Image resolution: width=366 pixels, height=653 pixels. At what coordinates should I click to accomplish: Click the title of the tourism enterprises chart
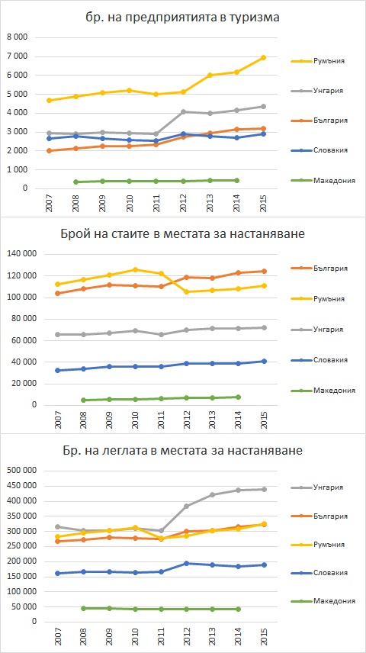click(x=183, y=17)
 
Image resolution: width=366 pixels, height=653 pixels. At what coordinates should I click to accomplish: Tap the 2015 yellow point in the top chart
click(x=263, y=57)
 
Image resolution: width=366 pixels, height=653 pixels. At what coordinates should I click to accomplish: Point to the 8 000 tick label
click(x=17, y=37)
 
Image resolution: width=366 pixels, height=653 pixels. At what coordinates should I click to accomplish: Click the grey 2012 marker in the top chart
click(x=183, y=111)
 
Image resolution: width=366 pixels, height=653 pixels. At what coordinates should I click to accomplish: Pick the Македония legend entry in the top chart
click(x=323, y=180)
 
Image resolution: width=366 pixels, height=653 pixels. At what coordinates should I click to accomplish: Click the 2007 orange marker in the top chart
click(x=49, y=151)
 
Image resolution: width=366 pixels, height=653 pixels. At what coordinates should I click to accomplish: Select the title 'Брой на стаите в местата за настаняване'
click(x=183, y=234)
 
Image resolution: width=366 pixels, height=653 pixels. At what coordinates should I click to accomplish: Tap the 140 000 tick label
click(x=20, y=254)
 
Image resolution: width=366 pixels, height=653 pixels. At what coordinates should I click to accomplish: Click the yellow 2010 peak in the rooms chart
click(x=135, y=270)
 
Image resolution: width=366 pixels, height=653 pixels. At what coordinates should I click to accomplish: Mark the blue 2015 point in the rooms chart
click(x=263, y=361)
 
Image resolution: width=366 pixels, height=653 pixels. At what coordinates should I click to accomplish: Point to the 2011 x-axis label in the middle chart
click(x=156, y=419)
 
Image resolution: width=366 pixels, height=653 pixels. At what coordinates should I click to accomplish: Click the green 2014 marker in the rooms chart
click(x=238, y=397)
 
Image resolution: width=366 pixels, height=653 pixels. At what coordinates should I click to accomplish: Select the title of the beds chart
click(x=183, y=451)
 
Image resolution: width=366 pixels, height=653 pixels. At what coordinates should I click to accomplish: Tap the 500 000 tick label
click(x=20, y=471)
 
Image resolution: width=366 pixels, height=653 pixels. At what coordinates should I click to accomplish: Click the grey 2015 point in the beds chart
click(x=263, y=489)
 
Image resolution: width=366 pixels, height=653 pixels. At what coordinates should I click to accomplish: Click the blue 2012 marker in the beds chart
click(x=186, y=564)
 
